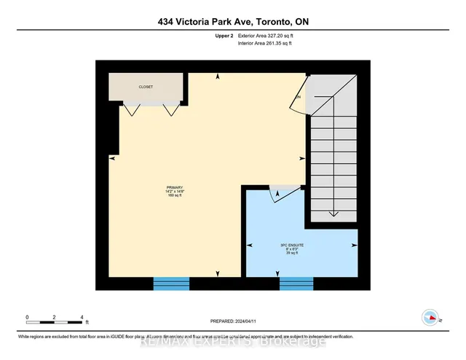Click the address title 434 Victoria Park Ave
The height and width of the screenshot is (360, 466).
click(232, 21)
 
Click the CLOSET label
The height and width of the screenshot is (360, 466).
click(146, 87)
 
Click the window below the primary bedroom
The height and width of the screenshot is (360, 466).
click(171, 283)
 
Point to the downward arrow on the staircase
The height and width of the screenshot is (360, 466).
click(333, 213)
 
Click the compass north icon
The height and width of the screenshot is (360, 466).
click(430, 317)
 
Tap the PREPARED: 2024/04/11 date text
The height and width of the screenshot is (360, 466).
click(232, 321)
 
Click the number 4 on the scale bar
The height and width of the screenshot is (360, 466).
click(82, 317)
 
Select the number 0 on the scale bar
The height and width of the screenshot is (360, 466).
click(27, 317)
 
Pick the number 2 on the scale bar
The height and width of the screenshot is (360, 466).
click(55, 317)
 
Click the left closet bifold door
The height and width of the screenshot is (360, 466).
click(130, 109)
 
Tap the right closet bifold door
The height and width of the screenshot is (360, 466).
click(170, 109)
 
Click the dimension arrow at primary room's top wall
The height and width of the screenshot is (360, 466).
click(218, 77)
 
